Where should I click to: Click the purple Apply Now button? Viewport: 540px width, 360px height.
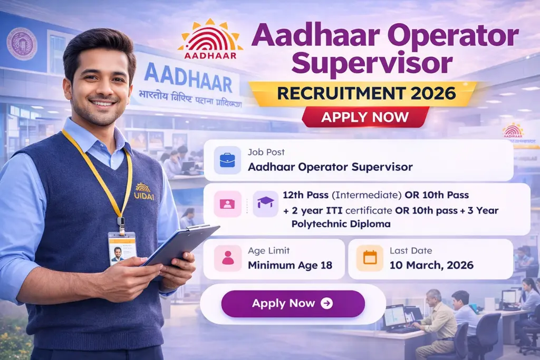pos(293,304)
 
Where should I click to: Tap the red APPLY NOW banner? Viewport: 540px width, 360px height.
pos(365,116)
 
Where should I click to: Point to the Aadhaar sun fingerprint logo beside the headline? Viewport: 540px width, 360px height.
pos(210,38)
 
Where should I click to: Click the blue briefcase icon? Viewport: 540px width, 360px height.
pos(227,160)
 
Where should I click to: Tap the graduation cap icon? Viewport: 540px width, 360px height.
pos(265,203)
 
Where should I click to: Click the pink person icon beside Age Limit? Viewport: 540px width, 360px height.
pos(227,258)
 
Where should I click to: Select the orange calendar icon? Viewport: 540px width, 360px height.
pos(370,258)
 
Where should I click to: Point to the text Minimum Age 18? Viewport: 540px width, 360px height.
pos(290,265)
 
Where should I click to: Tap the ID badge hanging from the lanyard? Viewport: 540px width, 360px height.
pos(122,248)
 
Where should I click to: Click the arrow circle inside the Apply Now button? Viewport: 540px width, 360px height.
pos(326,304)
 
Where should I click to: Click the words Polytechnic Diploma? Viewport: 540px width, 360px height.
pos(341,223)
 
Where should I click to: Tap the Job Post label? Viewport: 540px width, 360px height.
pos(266,152)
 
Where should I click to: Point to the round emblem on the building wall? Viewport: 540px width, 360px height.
pos(22,44)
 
